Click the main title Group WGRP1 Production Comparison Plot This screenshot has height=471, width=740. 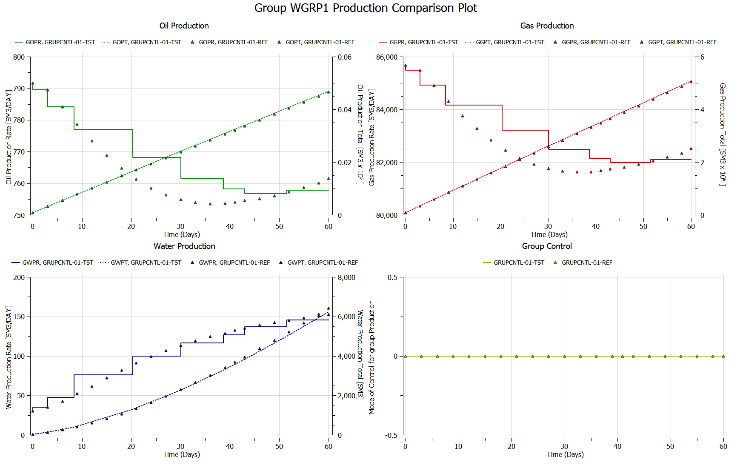(x=366, y=8)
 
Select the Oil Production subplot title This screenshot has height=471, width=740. (x=184, y=26)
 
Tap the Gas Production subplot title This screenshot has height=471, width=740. (x=547, y=26)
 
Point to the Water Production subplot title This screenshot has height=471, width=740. (x=184, y=246)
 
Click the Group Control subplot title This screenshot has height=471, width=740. (x=547, y=246)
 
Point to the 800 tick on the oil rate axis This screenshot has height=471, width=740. (x=19, y=57)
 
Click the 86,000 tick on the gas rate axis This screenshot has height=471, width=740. (x=386, y=57)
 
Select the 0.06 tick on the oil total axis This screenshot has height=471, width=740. (x=345, y=57)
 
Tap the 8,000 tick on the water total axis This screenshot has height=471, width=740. (x=346, y=277)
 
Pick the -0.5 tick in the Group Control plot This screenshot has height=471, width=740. (x=391, y=435)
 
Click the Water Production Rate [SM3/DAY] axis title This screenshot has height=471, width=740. (x=9, y=357)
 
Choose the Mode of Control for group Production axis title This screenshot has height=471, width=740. (x=372, y=357)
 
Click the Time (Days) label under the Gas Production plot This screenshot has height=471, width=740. (x=549, y=234)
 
